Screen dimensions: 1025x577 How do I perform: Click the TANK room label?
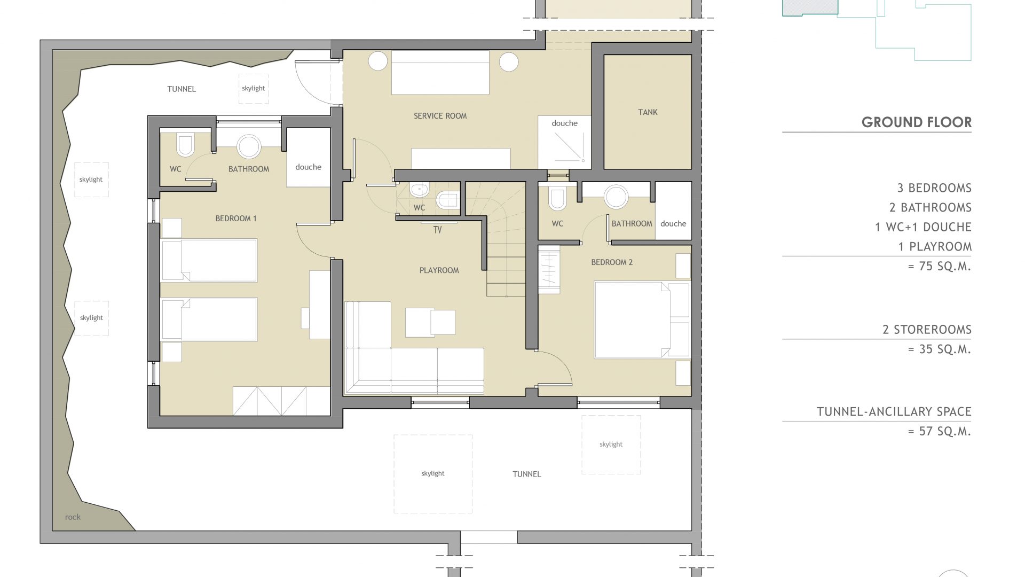click(x=648, y=112)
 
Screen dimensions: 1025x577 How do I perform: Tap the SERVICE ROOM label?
click(x=440, y=116)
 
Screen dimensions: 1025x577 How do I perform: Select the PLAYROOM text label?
click(x=439, y=270)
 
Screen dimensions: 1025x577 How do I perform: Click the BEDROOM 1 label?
click(x=236, y=219)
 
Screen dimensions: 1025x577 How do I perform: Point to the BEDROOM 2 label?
click(x=612, y=262)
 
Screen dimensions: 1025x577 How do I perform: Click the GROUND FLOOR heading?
click(x=916, y=122)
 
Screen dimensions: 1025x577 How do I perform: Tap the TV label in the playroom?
click(x=437, y=230)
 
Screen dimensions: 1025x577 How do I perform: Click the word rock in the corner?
click(x=73, y=517)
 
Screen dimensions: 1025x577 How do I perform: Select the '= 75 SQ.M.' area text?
click(x=940, y=266)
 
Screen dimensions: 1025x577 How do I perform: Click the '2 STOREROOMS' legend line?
click(x=927, y=330)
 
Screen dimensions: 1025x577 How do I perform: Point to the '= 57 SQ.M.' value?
click(x=940, y=431)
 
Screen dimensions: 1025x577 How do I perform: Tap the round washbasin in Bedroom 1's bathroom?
click(x=249, y=146)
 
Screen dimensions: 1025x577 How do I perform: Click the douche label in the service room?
click(x=565, y=123)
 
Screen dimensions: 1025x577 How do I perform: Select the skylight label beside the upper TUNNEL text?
click(x=253, y=88)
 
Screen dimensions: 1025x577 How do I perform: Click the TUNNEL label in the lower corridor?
click(x=527, y=474)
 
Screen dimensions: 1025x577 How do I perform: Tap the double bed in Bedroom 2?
click(x=642, y=319)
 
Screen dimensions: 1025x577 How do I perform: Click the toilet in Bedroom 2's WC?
click(x=557, y=198)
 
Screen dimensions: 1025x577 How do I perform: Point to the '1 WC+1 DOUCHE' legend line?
click(x=923, y=227)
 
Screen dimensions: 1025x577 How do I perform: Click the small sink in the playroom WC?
click(x=420, y=190)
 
